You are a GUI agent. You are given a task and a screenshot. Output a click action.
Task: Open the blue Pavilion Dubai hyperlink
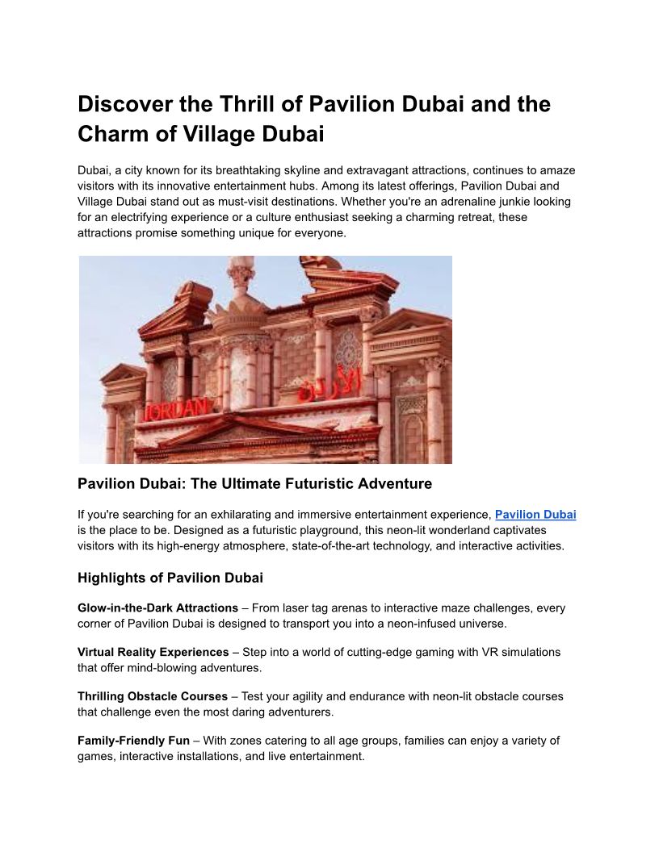click(x=535, y=514)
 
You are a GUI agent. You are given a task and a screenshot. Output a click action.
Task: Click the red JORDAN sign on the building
click(x=176, y=410)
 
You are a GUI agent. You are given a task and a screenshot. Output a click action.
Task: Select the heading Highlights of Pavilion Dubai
click(x=170, y=578)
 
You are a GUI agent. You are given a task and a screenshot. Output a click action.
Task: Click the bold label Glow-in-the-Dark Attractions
click(x=157, y=608)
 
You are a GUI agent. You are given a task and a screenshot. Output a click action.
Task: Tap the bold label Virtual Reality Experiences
click(x=153, y=652)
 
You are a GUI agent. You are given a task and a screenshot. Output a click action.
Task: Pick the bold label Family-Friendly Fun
click(x=133, y=740)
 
